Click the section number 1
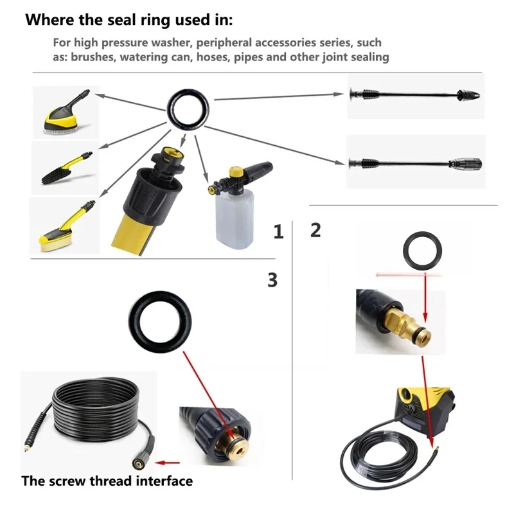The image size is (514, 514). point(278,232)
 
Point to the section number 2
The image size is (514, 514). point(315,230)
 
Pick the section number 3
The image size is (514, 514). point(272,279)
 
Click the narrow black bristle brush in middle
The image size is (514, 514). point(64,168)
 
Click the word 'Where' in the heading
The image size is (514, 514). point(50,20)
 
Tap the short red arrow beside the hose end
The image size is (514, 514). point(169,461)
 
